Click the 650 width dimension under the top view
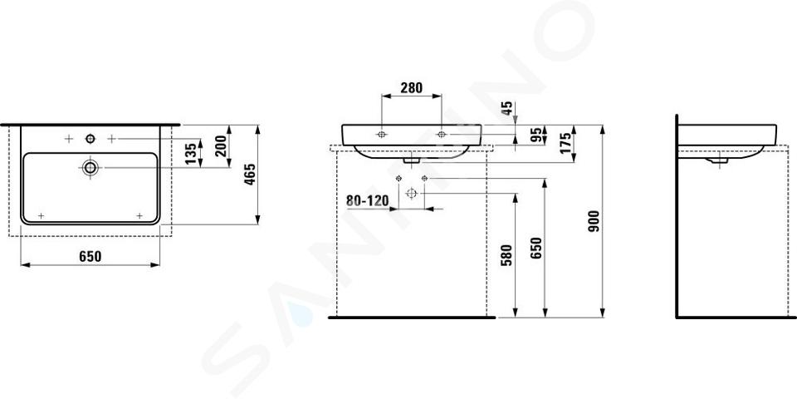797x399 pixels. coord(90,257)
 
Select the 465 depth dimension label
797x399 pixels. coord(251,175)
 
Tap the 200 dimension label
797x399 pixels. coord(221,146)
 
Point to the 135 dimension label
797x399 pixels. coord(190,155)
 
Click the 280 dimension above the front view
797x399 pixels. coord(411,88)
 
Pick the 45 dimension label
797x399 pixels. coord(507,108)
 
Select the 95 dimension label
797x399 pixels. coord(535,135)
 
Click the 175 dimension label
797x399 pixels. coord(565,144)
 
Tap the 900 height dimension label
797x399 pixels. coord(594,221)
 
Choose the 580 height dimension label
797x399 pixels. coord(506,255)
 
